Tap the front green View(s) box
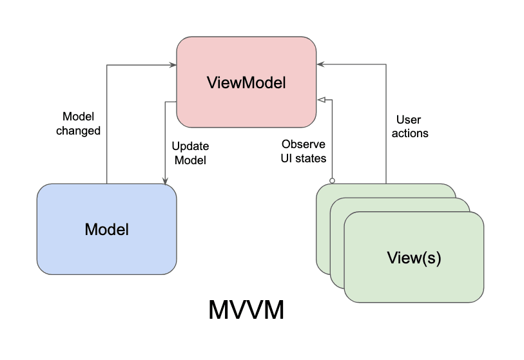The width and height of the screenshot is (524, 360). (414, 258)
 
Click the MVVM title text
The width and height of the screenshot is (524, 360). (246, 311)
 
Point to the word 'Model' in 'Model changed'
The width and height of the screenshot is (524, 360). (78, 117)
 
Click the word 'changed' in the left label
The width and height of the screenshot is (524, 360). (78, 131)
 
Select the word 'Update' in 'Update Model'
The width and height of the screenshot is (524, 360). (190, 146)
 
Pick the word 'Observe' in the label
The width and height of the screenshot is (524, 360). (303, 144)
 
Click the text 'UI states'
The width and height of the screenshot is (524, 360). (303, 158)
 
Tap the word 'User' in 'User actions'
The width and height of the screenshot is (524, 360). (408, 120)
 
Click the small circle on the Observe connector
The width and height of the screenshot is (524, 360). (332, 180)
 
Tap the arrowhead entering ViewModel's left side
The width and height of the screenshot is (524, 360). (173, 64)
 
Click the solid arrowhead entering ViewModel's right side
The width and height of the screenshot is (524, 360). (320, 64)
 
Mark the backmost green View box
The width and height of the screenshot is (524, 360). (387, 191)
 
